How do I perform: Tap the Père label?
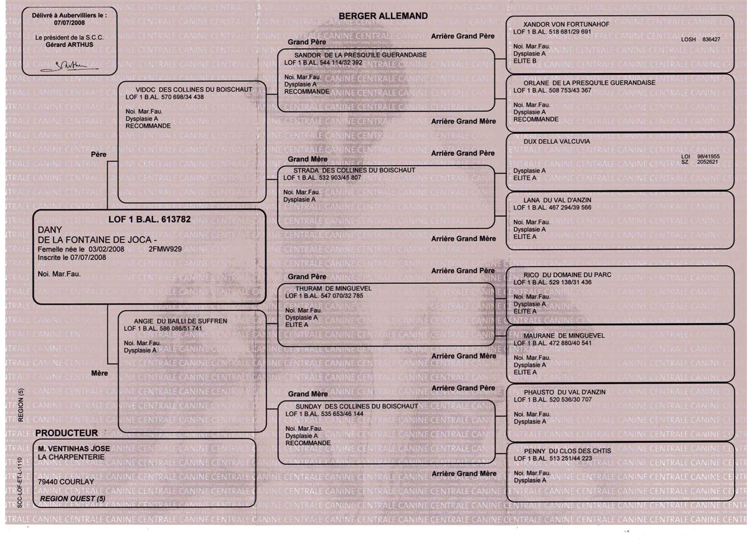(x=99, y=153)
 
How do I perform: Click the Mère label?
(x=100, y=373)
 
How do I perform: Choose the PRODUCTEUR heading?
(x=67, y=433)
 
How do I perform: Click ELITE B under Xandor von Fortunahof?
(x=525, y=61)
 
